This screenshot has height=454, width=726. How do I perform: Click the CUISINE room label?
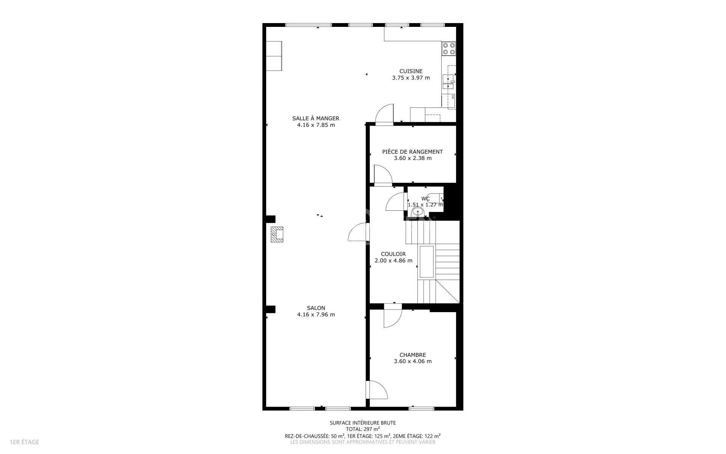click(x=411, y=71)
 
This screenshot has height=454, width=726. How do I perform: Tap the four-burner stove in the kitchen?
click(x=449, y=48)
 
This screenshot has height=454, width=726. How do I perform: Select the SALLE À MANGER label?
click(x=316, y=118)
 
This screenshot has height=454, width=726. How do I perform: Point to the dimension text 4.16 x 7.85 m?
click(x=316, y=125)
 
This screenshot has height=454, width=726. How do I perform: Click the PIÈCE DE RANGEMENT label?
click(x=413, y=152)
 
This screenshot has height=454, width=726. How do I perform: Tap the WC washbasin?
click(x=417, y=211)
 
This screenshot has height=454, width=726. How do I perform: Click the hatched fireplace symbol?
click(x=277, y=234)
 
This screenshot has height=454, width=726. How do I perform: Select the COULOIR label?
click(x=393, y=254)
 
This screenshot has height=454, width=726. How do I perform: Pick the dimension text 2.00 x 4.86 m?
click(x=393, y=261)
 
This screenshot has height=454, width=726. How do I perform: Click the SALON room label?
click(x=316, y=308)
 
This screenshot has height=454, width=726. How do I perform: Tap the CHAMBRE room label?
click(x=413, y=355)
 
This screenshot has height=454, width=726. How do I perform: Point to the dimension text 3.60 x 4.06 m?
click(x=413, y=361)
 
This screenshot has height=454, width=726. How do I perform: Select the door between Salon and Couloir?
click(x=357, y=232)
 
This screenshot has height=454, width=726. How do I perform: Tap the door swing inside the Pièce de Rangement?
click(x=383, y=174)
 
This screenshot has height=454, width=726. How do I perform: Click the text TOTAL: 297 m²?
click(x=363, y=429)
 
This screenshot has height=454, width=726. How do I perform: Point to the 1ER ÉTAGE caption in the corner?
click(x=25, y=442)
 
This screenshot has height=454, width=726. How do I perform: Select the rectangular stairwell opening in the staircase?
click(x=427, y=262)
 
